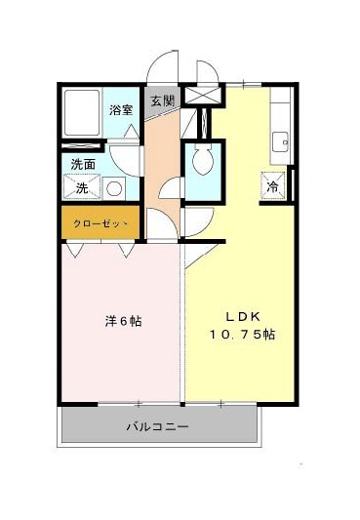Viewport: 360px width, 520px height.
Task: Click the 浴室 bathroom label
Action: click(x=121, y=110)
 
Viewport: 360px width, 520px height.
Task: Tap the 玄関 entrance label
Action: click(x=162, y=100)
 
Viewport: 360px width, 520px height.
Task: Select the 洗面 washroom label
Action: click(x=83, y=165)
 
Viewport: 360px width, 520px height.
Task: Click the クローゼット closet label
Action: click(x=100, y=223)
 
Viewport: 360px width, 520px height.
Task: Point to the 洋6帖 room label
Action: click(x=123, y=321)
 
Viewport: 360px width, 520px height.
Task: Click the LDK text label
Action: click(x=242, y=317)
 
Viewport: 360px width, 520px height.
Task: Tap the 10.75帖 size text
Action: click(x=242, y=335)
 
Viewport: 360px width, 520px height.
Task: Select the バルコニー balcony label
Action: click(x=158, y=425)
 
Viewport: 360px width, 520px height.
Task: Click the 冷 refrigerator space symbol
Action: click(x=273, y=186)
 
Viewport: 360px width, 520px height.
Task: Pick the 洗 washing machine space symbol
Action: click(x=82, y=187)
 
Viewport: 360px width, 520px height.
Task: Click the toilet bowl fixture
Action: click(x=203, y=159)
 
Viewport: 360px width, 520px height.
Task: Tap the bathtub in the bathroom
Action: click(x=82, y=112)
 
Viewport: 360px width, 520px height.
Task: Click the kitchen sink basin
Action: click(x=280, y=141)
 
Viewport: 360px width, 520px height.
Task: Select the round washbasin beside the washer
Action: click(x=114, y=188)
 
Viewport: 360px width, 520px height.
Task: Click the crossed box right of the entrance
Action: click(x=203, y=96)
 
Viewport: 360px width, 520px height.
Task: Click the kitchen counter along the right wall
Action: click(x=280, y=126)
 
